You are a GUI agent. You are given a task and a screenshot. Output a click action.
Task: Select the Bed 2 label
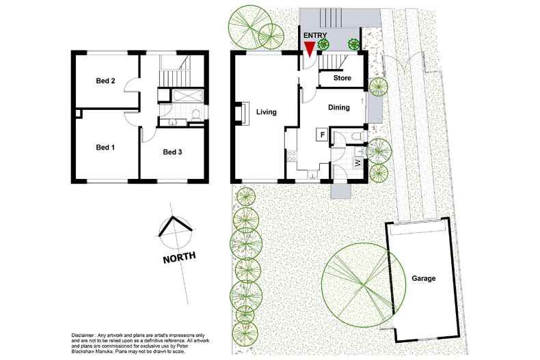pyautogui.click(x=105, y=81)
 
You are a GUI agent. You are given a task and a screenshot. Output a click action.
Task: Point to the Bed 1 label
pyautogui.click(x=105, y=147)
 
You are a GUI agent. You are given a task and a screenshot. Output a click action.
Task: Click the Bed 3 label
pyautogui.click(x=172, y=152)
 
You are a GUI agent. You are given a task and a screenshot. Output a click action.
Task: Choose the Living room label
pyautogui.click(x=266, y=112)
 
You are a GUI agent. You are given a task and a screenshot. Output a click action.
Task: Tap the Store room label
pyautogui.click(x=342, y=79)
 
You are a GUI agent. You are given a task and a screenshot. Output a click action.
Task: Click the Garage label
pyautogui.click(x=423, y=279)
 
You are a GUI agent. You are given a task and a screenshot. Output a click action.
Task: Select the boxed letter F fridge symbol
pyautogui.click(x=321, y=135)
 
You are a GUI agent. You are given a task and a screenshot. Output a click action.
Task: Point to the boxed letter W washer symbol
pyautogui.click(x=357, y=163)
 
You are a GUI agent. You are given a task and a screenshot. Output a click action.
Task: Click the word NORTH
pyautogui.click(x=179, y=258)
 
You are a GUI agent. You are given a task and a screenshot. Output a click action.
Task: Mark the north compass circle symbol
pyautogui.click(x=176, y=232)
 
